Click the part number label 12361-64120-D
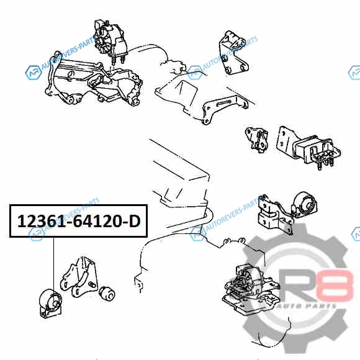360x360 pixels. pyautogui.click(x=79, y=221)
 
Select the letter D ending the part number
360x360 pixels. pyautogui.click(x=135, y=222)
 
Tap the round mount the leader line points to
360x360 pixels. pyautogui.click(x=50, y=304)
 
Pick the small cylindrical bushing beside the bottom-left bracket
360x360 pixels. pyautogui.click(x=107, y=293)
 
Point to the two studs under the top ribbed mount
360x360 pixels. pyautogui.click(x=118, y=60)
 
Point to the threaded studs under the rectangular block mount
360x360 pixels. pyautogui.click(x=325, y=163)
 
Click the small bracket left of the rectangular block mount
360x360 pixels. pyautogui.click(x=257, y=140)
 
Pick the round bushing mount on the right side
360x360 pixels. pyautogui.click(x=305, y=205)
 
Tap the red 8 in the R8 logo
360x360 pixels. pyautogui.click(x=335, y=286)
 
